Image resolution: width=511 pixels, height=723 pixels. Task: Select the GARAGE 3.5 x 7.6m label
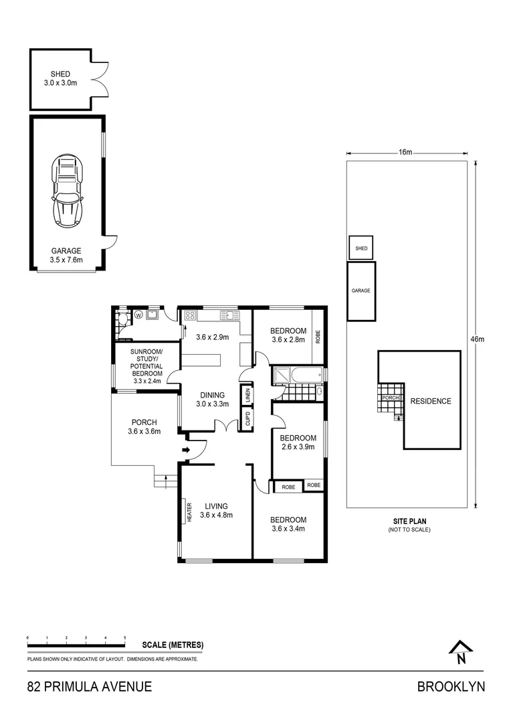pyautogui.click(x=66, y=256)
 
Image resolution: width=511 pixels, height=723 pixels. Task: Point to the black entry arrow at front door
pyautogui.click(x=187, y=451)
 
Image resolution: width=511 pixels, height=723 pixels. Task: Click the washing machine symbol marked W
pyautogui.click(x=139, y=315)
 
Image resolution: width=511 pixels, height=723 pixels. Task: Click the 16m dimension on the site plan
pyautogui.click(x=405, y=153)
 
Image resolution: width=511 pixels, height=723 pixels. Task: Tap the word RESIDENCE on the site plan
pyautogui.click(x=431, y=402)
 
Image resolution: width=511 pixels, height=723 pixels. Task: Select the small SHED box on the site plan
pyautogui.click(x=361, y=248)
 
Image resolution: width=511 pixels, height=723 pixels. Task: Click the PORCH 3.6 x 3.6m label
pyautogui.click(x=144, y=427)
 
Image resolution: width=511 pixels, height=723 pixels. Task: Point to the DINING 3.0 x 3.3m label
pyautogui.click(x=212, y=400)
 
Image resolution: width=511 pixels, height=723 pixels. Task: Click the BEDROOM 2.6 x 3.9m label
pyautogui.click(x=298, y=443)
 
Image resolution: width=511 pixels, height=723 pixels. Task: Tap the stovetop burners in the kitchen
pyautogui.click(x=190, y=315)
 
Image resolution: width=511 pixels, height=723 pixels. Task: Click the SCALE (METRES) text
pyautogui.click(x=173, y=645)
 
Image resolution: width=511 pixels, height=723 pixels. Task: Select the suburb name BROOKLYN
pyautogui.click(x=451, y=687)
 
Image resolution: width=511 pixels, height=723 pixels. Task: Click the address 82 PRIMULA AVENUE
pyautogui.click(x=89, y=687)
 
